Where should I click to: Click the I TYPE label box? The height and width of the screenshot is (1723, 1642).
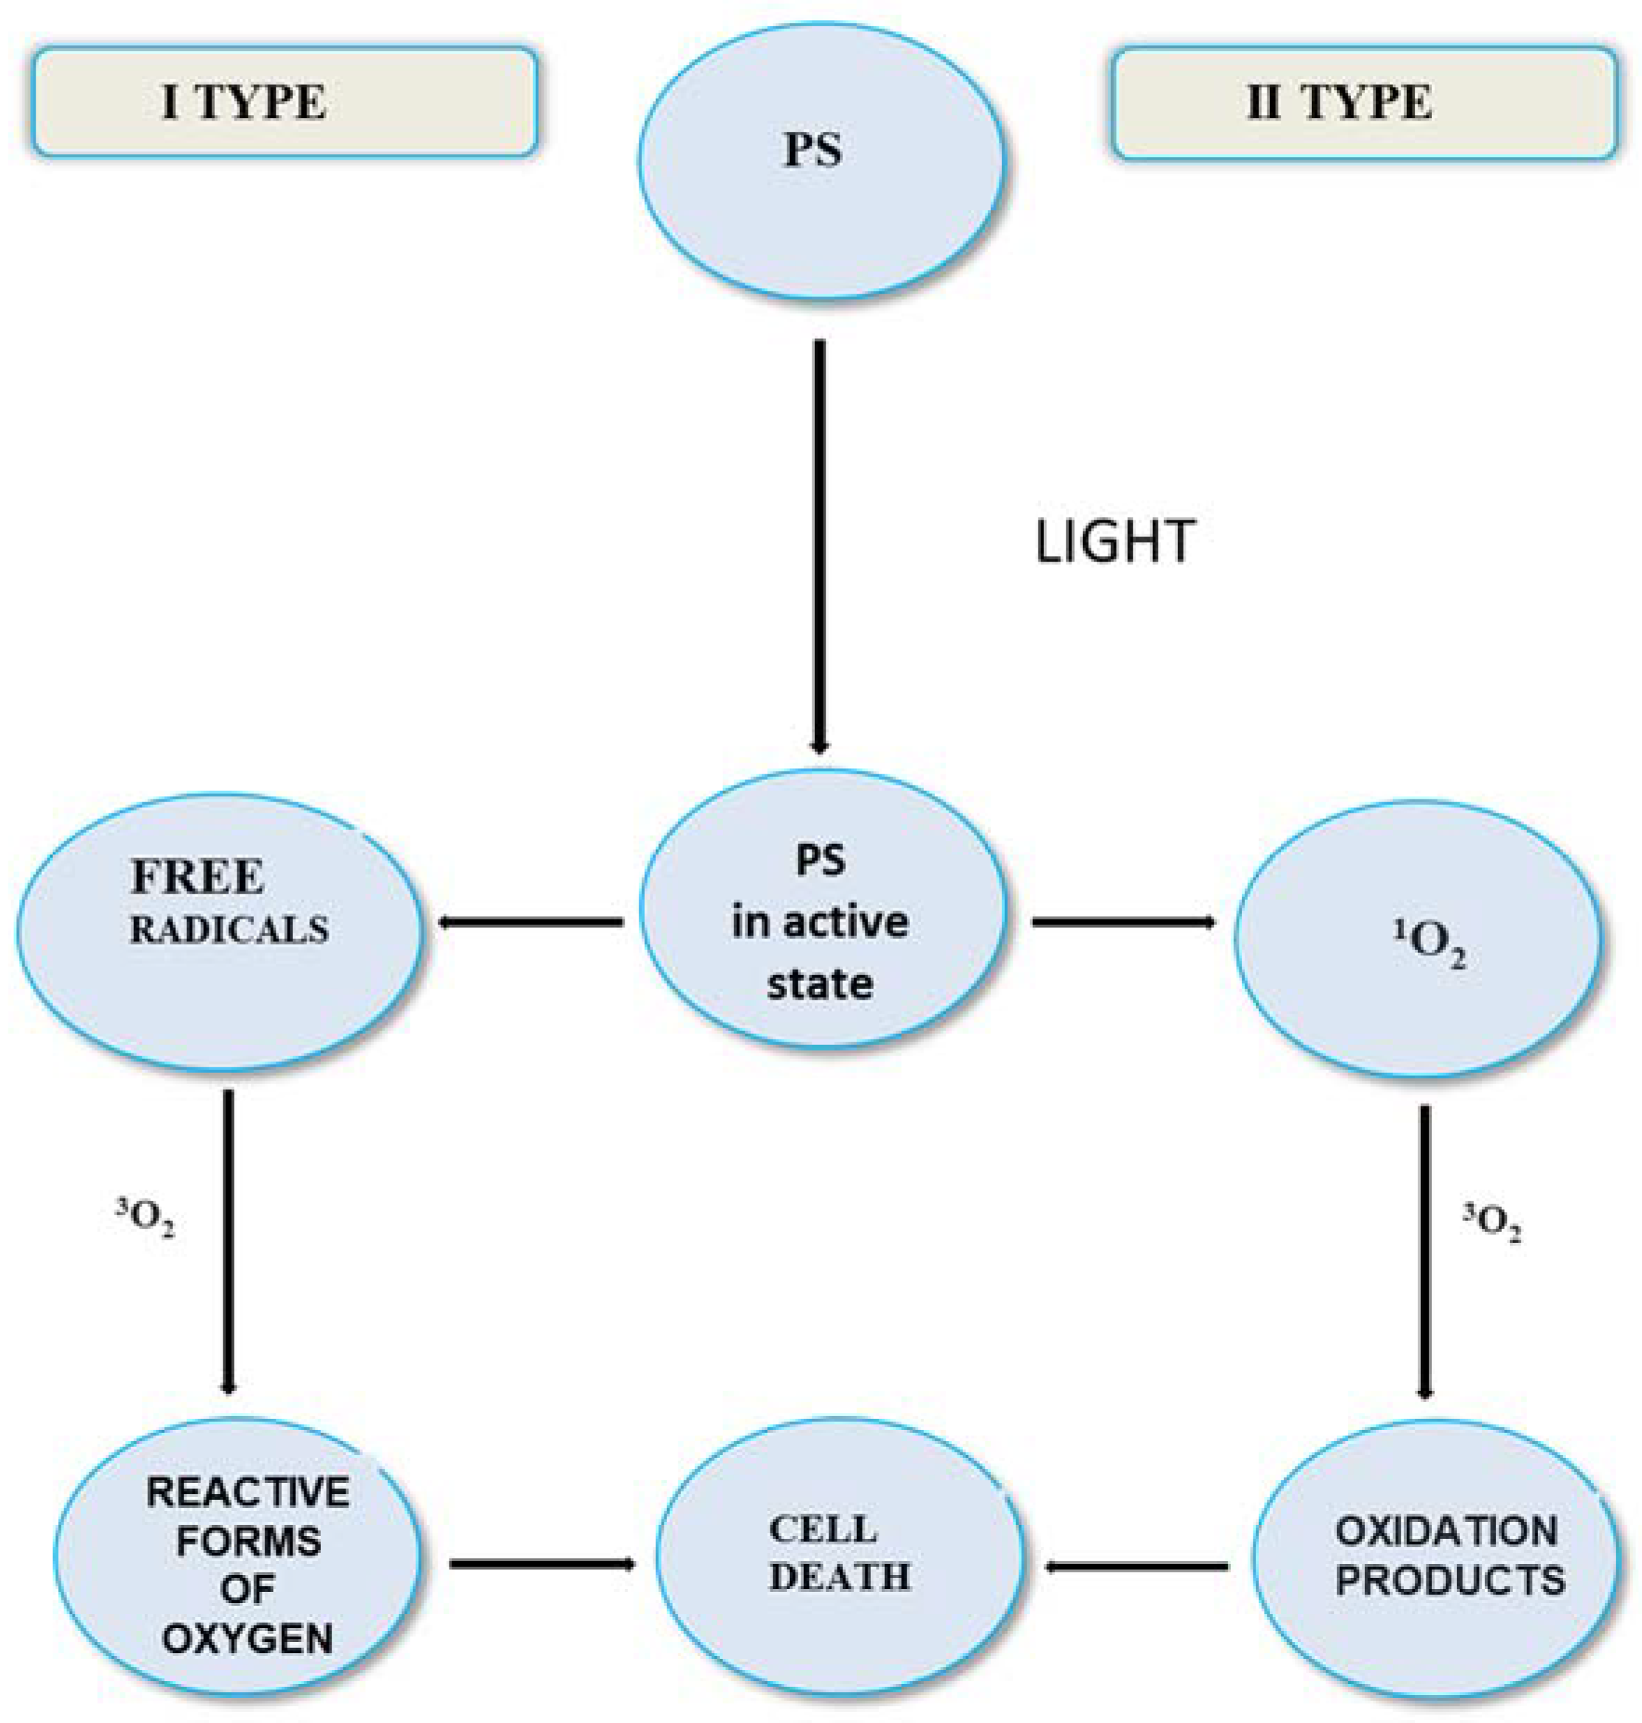coord(285,103)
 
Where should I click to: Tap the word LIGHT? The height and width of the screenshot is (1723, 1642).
coord(1114,541)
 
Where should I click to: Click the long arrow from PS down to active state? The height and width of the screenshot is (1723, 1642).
coord(819,547)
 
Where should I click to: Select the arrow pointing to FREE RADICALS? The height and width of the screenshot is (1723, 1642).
coord(531,921)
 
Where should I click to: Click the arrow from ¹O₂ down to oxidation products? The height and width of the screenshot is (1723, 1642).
coord(1425,1251)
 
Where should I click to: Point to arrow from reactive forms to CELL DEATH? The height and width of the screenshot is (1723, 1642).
coord(542,1563)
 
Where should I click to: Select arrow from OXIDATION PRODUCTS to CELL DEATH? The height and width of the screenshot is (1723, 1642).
coord(1138,1566)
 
